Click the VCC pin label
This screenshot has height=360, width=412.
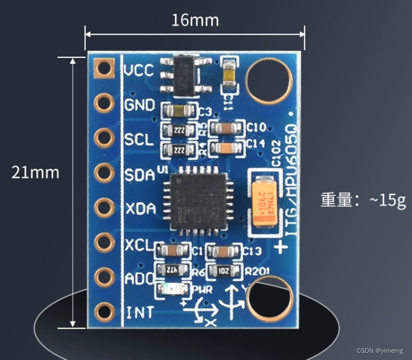coord(139,71)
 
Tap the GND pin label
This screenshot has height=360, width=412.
coord(140,105)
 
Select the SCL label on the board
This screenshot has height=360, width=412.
coord(139,139)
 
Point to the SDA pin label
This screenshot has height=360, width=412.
coord(140,174)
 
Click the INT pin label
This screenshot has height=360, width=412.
coord(139,313)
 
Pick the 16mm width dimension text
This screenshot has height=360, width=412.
coord(195,20)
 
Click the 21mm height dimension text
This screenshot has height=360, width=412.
coord(35,172)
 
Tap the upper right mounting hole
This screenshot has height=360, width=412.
coord(268,81)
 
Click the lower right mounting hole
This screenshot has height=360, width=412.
coord(270,299)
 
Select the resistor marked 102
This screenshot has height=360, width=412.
coord(224,270)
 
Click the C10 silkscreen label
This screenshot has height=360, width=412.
coord(256,127)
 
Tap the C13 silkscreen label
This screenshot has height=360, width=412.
coord(251,252)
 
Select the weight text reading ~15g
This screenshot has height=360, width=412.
coord(363,199)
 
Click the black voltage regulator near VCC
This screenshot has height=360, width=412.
coord(182,74)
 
